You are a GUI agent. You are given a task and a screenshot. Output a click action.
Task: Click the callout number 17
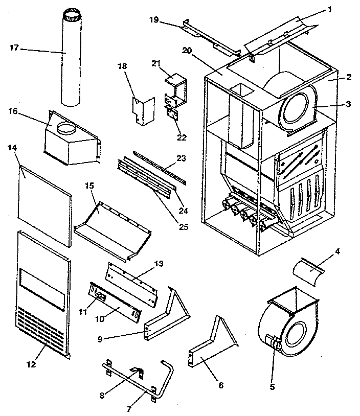14,48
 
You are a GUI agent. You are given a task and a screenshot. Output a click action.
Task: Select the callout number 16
13,111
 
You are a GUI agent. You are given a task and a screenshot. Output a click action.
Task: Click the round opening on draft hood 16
65,128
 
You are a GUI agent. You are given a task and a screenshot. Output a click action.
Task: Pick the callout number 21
156,63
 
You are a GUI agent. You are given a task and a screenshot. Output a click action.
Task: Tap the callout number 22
181,137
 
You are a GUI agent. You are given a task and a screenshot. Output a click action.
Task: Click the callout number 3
347,104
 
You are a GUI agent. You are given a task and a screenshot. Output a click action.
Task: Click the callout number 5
272,387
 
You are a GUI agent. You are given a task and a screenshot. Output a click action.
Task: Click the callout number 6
221,385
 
